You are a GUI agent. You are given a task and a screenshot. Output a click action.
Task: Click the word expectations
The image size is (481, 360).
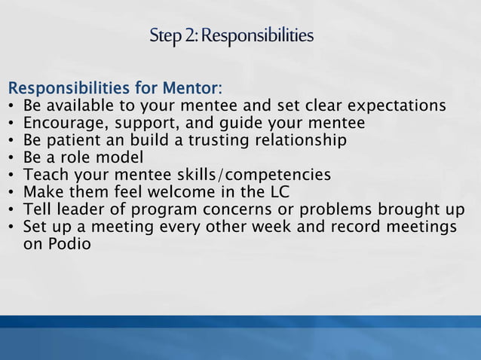391,105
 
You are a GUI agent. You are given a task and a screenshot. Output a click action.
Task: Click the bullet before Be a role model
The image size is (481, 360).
11,158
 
